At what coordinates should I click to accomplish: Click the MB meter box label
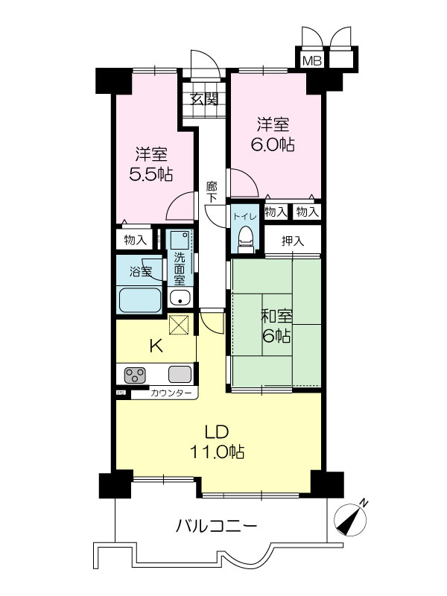[312, 60]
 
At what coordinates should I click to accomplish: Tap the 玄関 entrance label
[204, 99]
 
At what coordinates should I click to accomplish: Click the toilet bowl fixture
[245, 239]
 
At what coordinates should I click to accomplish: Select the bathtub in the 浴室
[140, 300]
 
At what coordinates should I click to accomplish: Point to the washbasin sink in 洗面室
[180, 297]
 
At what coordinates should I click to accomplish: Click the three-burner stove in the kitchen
[136, 375]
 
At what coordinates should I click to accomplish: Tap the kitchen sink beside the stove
[180, 375]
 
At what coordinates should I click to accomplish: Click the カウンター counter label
[171, 393]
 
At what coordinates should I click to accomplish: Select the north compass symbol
[350, 519]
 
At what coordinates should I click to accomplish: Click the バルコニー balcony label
[216, 527]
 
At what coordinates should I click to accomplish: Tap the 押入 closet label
[293, 241]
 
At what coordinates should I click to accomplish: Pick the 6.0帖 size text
[272, 145]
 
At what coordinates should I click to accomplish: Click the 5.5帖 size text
[151, 174]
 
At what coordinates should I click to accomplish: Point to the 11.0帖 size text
[217, 452]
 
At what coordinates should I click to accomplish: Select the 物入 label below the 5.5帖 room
[136, 240]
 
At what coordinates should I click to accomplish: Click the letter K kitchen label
[156, 346]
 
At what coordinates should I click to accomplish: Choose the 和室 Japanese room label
[276, 316]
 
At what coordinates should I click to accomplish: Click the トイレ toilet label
[245, 217]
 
